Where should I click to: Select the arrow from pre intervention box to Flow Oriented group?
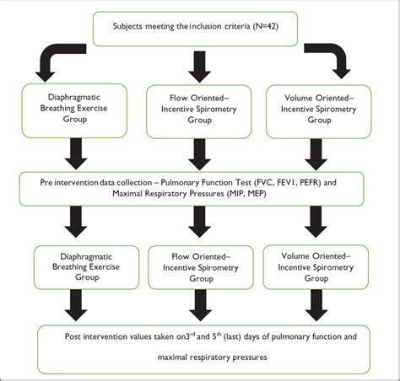pos(200,222)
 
